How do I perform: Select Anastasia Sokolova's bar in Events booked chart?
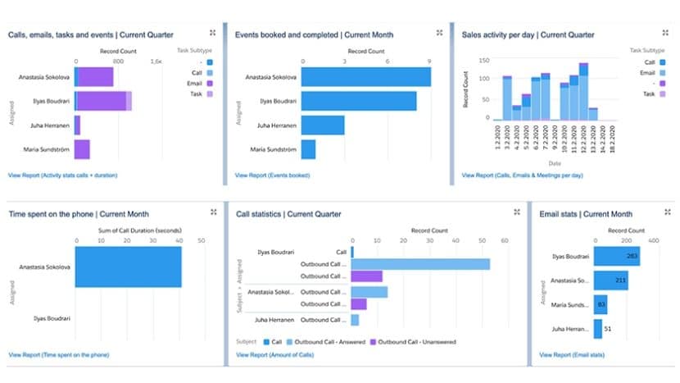[x=365, y=77]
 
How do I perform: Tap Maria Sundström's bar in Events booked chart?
[x=309, y=149]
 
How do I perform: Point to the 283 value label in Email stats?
[x=631, y=256]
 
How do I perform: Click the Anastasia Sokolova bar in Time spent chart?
[x=128, y=267]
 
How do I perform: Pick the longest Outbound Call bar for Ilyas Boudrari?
[x=420, y=264]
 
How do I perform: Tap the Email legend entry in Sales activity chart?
[x=650, y=72]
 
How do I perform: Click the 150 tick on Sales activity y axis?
[x=483, y=61]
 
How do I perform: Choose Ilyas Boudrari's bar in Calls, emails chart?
[x=102, y=101]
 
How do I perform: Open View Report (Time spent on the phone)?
[x=58, y=354]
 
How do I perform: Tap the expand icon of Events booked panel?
[x=439, y=33]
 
